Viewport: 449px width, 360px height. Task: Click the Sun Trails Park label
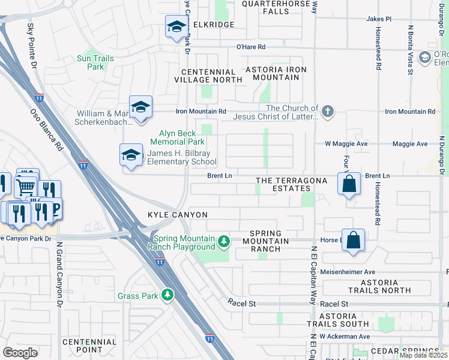pos(91,62)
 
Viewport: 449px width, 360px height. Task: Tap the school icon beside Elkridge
pos(176,27)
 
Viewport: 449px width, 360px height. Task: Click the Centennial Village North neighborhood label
pos(208,75)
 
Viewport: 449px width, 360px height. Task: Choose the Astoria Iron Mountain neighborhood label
pos(276,74)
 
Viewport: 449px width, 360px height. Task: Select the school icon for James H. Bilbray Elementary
pos(131,156)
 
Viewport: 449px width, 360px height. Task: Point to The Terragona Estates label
pos(291,185)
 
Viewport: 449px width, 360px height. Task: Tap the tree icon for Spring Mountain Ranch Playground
pos(224,241)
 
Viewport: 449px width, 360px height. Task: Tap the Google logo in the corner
pos(20,352)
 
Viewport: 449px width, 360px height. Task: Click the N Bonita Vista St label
pos(411,50)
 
